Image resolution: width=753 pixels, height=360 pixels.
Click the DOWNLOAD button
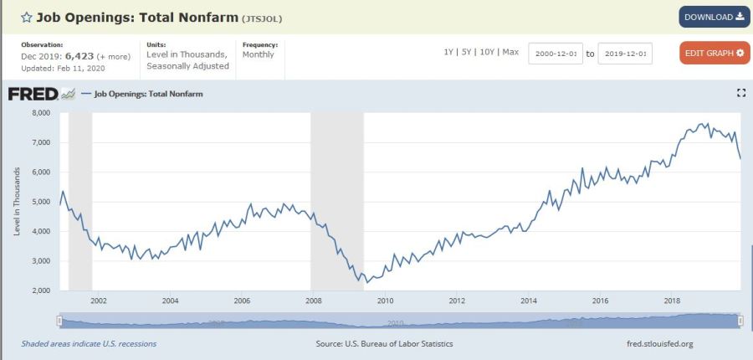714,17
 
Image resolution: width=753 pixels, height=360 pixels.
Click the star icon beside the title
27,17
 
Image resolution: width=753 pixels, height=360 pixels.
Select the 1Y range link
449,52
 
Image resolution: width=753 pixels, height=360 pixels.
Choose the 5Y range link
467,52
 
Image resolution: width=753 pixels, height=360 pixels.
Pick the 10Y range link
487,52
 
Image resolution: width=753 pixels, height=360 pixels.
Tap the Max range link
510,52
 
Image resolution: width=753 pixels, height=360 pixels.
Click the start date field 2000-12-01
556,54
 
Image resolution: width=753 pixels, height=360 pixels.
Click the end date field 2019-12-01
625,54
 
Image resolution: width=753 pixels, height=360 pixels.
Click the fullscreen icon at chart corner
740,93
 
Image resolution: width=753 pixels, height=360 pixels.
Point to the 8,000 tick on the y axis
41,113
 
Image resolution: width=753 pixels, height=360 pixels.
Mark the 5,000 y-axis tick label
41,202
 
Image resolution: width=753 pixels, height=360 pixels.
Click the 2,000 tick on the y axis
41,291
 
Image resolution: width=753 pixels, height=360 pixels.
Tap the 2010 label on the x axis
385,301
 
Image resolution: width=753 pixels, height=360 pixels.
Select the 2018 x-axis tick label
672,301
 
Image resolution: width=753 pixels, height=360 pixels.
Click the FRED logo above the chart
33,94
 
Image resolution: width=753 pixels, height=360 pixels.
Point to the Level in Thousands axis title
17,201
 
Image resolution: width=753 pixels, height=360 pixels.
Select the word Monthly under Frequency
259,54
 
